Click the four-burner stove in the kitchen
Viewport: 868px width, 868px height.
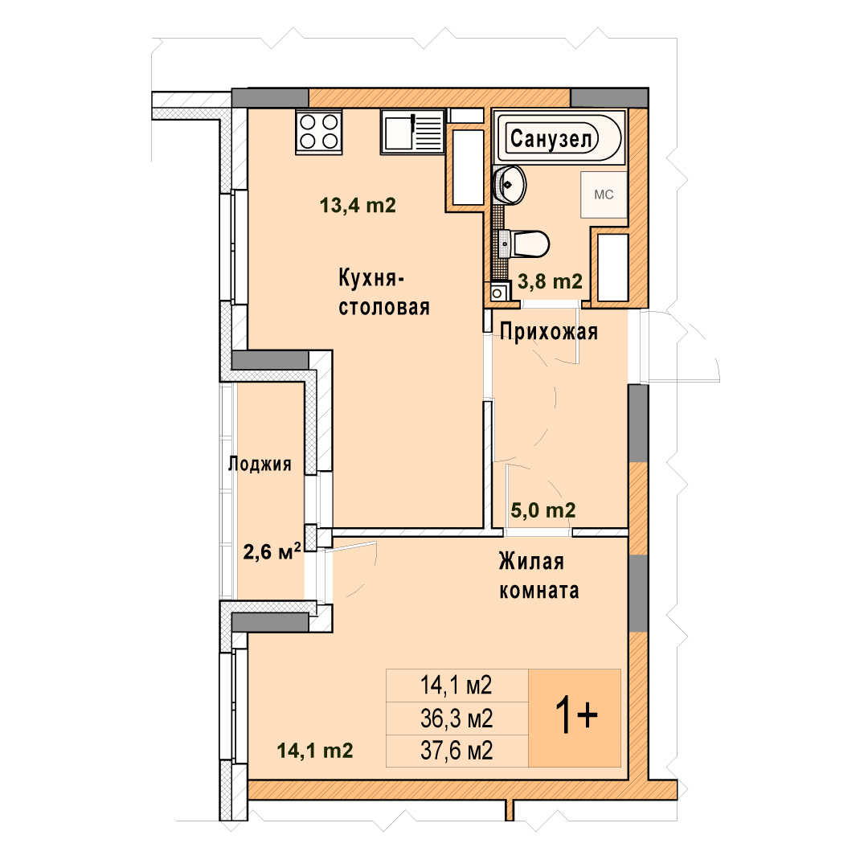[x=319, y=132]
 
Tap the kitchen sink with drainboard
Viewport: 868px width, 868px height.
[x=412, y=132]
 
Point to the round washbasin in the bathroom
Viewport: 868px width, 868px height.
[x=510, y=184]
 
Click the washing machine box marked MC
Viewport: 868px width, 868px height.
[x=604, y=194]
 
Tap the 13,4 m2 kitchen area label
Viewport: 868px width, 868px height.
[x=358, y=206]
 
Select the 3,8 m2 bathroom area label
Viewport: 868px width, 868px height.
[x=550, y=281]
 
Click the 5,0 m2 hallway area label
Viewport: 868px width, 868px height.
[x=543, y=510]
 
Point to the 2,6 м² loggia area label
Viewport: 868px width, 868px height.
[x=272, y=551]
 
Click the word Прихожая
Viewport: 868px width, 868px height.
[x=549, y=332]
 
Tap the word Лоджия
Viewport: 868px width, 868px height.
[x=260, y=464]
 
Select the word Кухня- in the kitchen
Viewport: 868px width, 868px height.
[x=371, y=278]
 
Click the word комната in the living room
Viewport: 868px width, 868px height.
[x=539, y=592]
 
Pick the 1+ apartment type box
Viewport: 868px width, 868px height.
[x=575, y=718]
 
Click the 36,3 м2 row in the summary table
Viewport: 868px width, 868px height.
[x=457, y=719]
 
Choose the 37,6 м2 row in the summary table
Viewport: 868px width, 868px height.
[x=457, y=751]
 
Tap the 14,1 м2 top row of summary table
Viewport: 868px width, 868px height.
[x=457, y=686]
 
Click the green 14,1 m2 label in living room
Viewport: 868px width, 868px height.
[x=314, y=751]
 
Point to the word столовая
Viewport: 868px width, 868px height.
[x=384, y=307]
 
